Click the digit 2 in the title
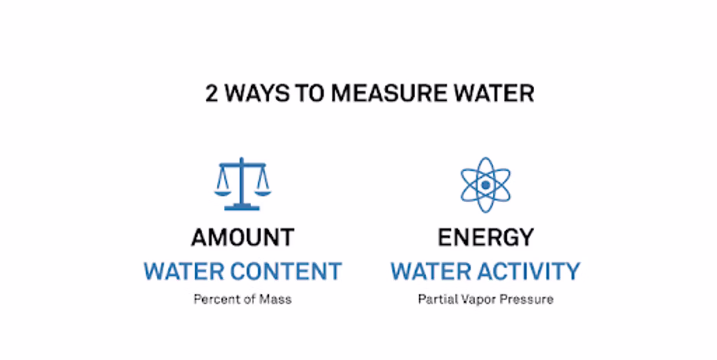coord(211,93)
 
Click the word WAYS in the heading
coord(257,93)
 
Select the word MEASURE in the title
coord(389,93)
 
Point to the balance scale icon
coord(242,184)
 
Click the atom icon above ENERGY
coord(485,185)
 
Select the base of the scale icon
coord(242,208)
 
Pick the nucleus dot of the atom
coord(486,185)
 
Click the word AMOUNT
coord(243,237)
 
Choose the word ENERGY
coord(486,237)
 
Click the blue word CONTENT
coord(286,272)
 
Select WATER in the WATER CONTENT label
coord(184,272)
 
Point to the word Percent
coord(213,299)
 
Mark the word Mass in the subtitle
coord(275,299)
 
